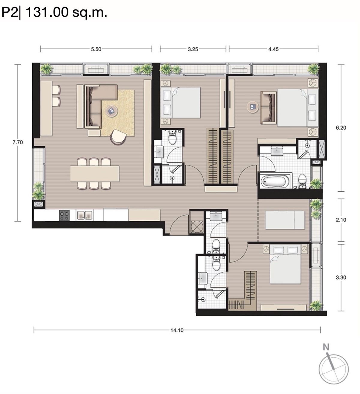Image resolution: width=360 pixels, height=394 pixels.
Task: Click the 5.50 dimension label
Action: (x=96, y=49)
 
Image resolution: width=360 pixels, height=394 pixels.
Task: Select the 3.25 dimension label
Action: (x=193, y=49)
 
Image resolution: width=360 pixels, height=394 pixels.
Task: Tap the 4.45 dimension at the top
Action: (x=273, y=49)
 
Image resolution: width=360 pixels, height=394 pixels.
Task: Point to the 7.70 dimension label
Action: (x=17, y=142)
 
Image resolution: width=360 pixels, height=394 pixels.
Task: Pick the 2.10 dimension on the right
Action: (x=341, y=220)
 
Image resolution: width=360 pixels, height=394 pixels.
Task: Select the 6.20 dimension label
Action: (x=341, y=127)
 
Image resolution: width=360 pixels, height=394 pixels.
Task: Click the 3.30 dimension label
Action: (x=341, y=277)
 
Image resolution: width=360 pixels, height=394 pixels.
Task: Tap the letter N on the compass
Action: (x=326, y=348)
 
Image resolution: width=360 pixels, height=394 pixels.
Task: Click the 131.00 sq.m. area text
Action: (x=67, y=13)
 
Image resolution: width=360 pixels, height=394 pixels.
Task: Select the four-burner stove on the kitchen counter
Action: (x=64, y=215)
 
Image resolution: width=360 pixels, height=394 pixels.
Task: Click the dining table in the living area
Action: (x=94, y=174)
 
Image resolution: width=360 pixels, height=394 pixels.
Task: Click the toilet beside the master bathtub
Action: (x=302, y=181)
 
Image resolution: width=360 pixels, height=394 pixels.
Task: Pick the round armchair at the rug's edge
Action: (x=119, y=137)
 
